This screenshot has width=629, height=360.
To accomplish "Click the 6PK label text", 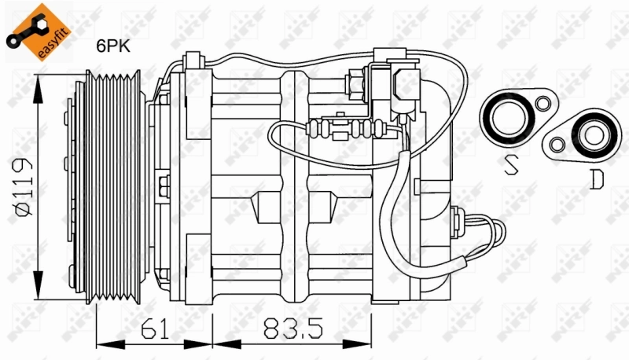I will [112, 46].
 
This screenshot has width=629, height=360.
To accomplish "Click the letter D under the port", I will [597, 180].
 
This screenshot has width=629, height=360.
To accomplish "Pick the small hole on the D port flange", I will [557, 145].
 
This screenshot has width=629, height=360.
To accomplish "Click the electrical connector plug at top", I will [407, 86].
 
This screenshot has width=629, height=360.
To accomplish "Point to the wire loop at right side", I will [491, 233].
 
